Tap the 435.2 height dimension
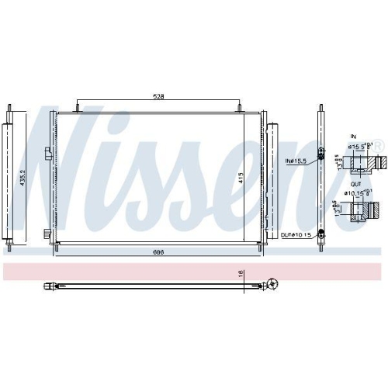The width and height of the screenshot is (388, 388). tap(23, 178)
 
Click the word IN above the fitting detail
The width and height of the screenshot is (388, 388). tap(355, 135)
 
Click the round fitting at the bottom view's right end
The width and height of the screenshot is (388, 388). tap(272, 286)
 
